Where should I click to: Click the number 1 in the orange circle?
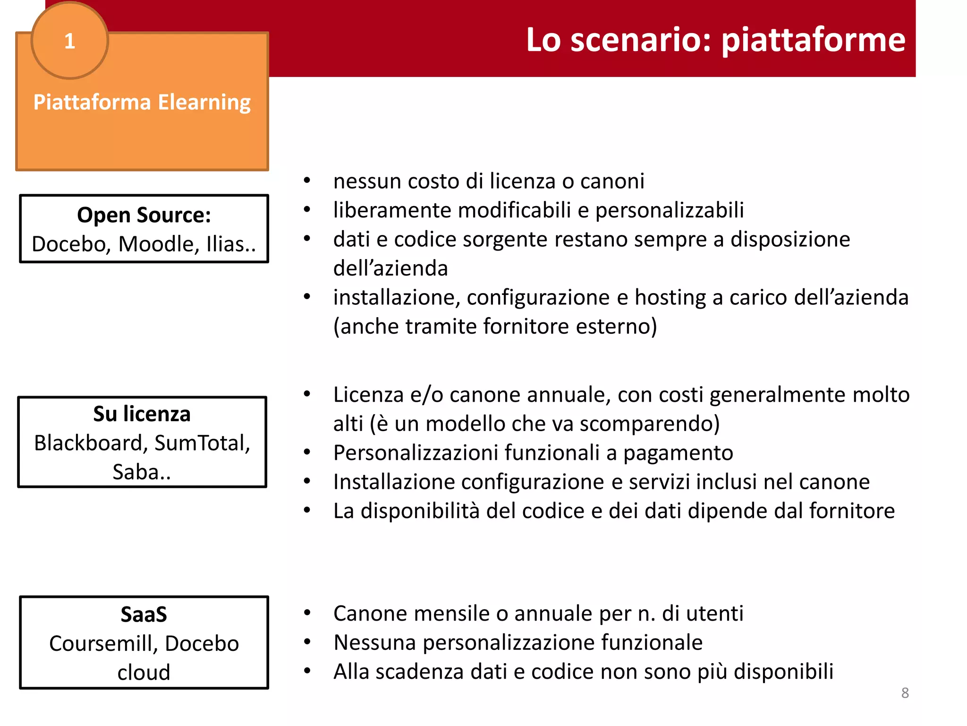[x=69, y=41]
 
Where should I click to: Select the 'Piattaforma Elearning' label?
[x=142, y=102]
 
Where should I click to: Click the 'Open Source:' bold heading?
[x=144, y=215]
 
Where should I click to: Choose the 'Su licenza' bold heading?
[x=142, y=414]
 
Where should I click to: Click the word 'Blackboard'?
[x=88, y=443]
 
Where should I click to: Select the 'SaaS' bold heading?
[x=144, y=614]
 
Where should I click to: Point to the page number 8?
[x=905, y=693]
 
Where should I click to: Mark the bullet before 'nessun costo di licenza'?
[x=307, y=181]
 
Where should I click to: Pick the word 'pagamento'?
[x=678, y=453]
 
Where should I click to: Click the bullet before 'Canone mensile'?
[x=307, y=613]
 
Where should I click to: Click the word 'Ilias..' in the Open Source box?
[x=231, y=244]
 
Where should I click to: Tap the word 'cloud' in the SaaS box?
[x=144, y=673]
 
